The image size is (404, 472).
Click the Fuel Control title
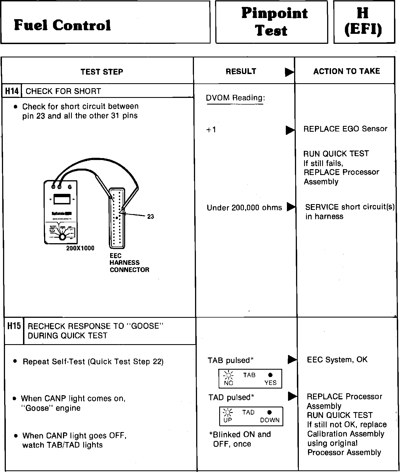coord(62,25)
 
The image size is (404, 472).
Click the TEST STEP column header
coord(102,72)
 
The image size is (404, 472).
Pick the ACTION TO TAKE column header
coord(346,71)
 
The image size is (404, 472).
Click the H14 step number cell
coord(12,91)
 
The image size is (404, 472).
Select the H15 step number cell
coord(14,326)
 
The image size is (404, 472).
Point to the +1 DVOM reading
coord(211,130)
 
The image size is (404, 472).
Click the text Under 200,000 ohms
coord(244,208)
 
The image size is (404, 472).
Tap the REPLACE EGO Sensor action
coord(345,129)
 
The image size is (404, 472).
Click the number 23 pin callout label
coord(151,217)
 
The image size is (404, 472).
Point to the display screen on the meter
coord(62,199)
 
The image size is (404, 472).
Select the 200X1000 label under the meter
coord(80,248)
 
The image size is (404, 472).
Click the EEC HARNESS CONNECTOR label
coord(129,263)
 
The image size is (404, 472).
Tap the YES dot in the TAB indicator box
coord(271,375)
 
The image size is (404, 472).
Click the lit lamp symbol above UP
coord(228,412)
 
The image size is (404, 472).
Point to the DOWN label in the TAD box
coord(270,420)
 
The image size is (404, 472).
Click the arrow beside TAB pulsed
coord(292,360)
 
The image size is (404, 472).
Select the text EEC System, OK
coord(337,360)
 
